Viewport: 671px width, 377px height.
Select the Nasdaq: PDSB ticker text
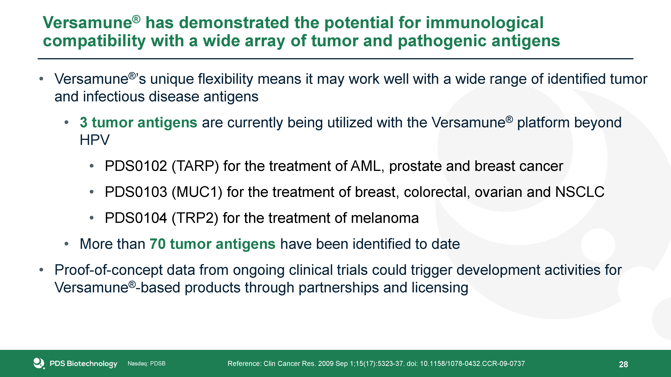pos(146,363)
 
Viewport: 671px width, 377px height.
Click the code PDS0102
pos(136,166)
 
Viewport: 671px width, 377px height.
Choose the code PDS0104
pos(136,218)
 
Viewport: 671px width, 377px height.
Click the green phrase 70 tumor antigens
pos(212,244)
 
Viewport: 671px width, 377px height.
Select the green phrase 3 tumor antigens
pos(138,122)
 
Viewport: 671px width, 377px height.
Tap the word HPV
pos(95,140)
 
